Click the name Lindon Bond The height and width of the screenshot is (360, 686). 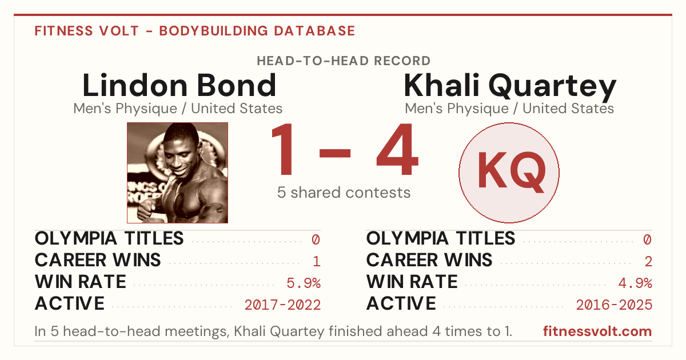click(179, 85)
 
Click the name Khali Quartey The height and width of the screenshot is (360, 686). click(510, 87)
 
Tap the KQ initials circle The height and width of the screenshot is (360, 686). click(509, 173)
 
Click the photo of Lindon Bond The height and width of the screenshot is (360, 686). click(177, 173)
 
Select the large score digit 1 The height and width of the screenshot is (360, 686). click(284, 149)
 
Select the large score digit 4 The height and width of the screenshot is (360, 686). click(397, 149)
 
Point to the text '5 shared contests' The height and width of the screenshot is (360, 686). click(344, 193)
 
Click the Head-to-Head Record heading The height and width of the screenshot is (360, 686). click(344, 61)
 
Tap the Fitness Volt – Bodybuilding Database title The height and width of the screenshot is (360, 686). click(195, 31)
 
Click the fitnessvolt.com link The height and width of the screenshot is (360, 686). click(597, 331)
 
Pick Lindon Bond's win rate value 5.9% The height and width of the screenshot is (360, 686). click(304, 283)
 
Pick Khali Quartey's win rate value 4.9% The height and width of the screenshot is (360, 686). click(635, 283)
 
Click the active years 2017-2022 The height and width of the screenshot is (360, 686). click(282, 305)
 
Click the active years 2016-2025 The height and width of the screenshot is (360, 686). click(614, 305)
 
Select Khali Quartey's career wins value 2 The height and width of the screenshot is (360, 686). click(648, 262)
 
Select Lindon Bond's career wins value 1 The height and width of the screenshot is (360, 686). click(317, 262)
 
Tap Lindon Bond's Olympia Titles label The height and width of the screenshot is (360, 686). click(109, 238)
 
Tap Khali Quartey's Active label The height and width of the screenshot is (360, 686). click(401, 303)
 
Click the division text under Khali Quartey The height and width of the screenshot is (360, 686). click(509, 109)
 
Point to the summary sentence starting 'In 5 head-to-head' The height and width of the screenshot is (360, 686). click(273, 331)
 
